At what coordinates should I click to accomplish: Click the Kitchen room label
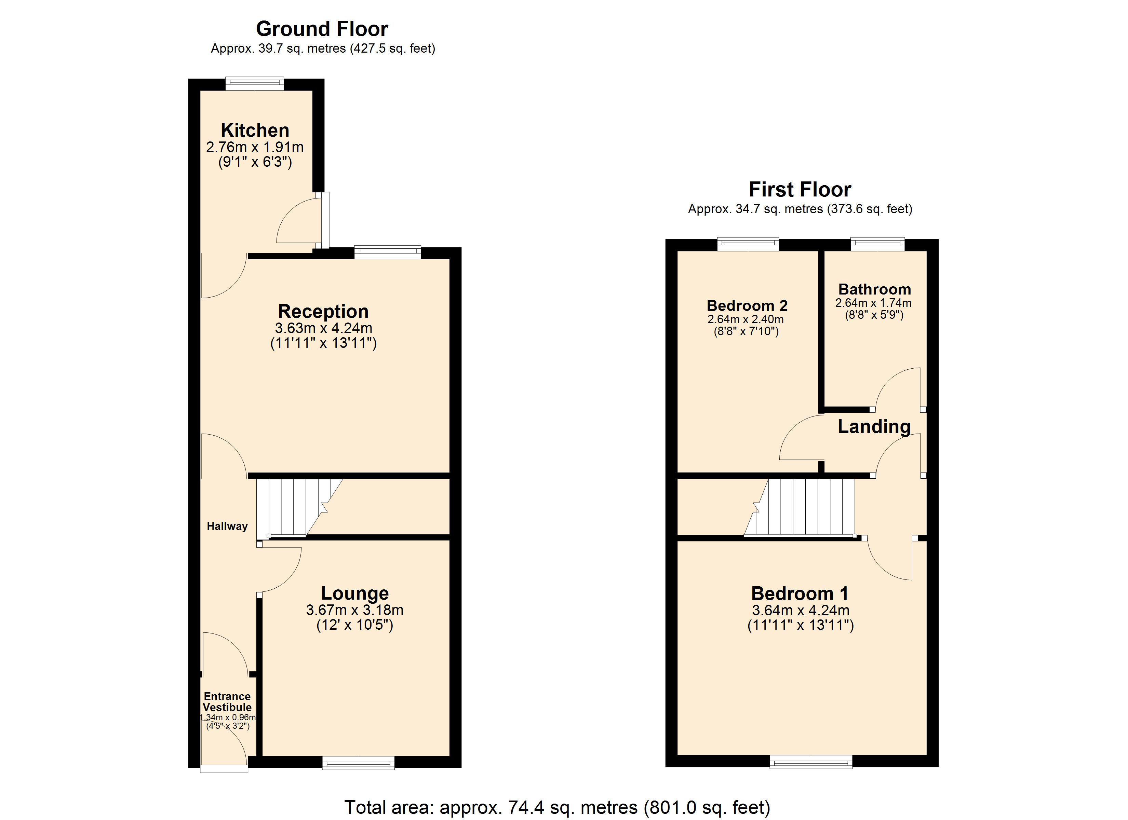click(x=255, y=130)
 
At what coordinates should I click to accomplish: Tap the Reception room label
click(x=323, y=311)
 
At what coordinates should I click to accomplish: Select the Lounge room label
click(x=354, y=593)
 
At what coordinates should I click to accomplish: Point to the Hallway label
click(x=227, y=526)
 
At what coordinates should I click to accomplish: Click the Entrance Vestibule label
click(x=227, y=702)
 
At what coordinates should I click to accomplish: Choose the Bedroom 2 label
click(x=747, y=305)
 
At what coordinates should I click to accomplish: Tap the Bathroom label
click(x=874, y=289)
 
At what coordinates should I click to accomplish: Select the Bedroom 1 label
click(x=800, y=593)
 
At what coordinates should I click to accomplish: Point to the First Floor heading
click(x=800, y=190)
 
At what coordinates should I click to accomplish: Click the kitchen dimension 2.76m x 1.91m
click(x=255, y=147)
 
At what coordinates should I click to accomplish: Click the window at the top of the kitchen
click(x=255, y=84)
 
